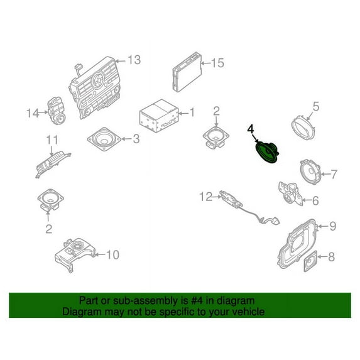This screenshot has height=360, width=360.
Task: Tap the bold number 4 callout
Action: [251, 129]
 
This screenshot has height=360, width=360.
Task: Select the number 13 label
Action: [134, 60]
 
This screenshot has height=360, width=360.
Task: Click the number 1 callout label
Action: [192, 113]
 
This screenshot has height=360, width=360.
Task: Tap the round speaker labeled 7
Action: [312, 171]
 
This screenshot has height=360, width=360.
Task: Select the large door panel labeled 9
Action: [298, 243]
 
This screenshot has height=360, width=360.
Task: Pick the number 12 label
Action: [206, 197]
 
